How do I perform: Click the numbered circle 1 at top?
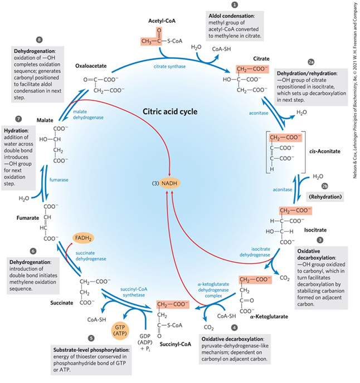[x=243, y=4]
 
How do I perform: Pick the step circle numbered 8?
[x=38, y=40]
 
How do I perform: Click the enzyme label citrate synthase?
[x=170, y=66]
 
